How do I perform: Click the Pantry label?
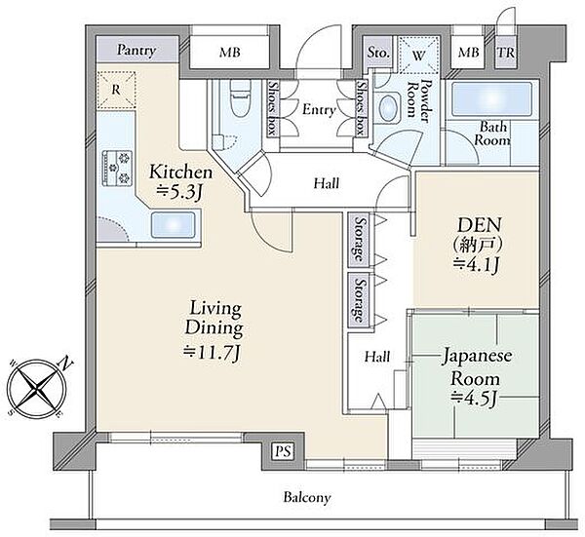tap(136, 51)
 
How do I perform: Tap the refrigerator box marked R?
tap(116, 90)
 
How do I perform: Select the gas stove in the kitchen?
tap(118, 168)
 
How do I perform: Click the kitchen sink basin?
tap(174, 225)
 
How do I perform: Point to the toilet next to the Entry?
tap(240, 98)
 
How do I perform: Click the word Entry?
tap(319, 110)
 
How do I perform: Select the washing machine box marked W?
tap(418, 56)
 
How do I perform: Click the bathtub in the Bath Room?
tap(491, 98)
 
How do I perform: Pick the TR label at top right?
tap(506, 53)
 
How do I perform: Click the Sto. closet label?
tap(378, 53)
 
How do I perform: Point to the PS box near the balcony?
tap(283, 451)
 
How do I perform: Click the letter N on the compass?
tap(66, 363)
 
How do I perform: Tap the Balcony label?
tap(307, 497)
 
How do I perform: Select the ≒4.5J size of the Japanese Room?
tap(473, 399)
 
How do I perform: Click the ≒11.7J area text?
tap(212, 352)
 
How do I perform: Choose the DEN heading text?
tap(479, 225)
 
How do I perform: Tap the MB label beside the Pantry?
tap(230, 53)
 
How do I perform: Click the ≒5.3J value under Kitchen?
tap(179, 192)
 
